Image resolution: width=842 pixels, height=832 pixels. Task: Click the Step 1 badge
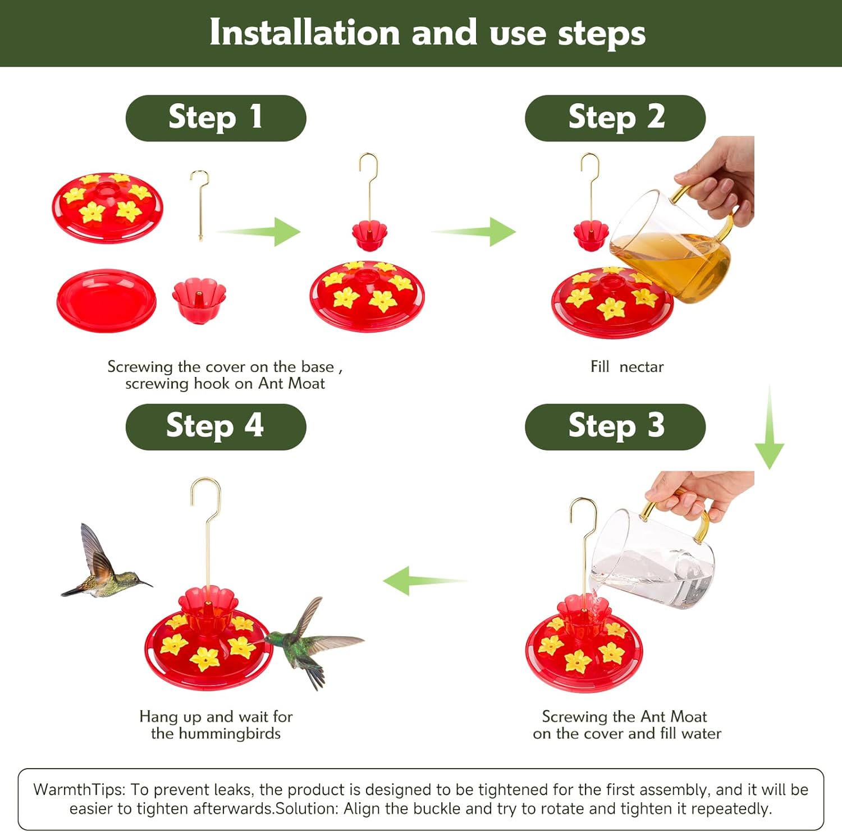click(216, 118)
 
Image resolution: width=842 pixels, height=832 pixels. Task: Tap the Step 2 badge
click(615, 118)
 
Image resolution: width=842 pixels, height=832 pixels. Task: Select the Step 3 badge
click(615, 426)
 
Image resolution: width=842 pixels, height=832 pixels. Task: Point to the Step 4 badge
click(216, 426)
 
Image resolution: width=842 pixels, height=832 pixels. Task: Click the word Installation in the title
click(304, 33)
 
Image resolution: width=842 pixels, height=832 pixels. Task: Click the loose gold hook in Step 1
click(200, 205)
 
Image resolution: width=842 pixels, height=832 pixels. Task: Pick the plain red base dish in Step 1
click(107, 301)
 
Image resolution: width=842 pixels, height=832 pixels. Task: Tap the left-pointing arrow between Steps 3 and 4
click(425, 581)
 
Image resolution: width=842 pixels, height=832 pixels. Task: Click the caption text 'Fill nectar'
click(627, 367)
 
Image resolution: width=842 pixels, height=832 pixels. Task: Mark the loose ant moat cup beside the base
click(199, 300)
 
